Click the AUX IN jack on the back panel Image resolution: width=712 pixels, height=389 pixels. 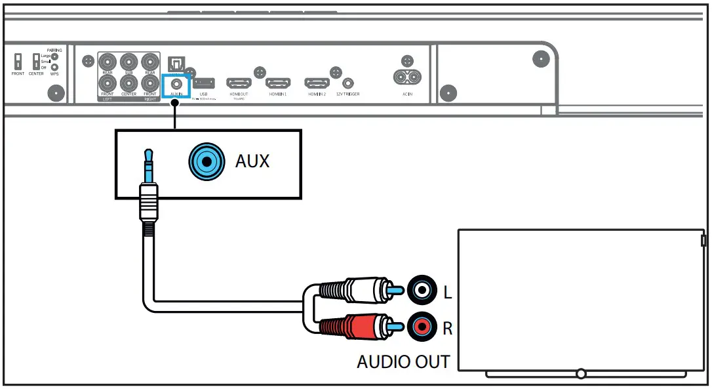[175, 83]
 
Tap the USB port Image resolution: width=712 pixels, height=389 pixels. [203, 83]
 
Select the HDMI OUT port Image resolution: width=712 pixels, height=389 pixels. [239, 83]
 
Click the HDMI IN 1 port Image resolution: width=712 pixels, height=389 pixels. [278, 83]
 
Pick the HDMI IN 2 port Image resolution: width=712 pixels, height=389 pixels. [317, 83]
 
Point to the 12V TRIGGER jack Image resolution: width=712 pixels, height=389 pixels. [347, 84]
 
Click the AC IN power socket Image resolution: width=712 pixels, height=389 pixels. [407, 77]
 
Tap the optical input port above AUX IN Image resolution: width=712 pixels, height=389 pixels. [176, 63]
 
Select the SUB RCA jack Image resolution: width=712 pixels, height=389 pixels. [129, 62]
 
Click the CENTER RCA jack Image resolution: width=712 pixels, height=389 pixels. [129, 83]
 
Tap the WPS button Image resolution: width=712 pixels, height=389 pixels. [55, 67]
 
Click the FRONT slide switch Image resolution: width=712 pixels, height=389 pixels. [18, 61]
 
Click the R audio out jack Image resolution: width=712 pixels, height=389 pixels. [420, 325]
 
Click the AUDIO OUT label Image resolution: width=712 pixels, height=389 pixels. [403, 361]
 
